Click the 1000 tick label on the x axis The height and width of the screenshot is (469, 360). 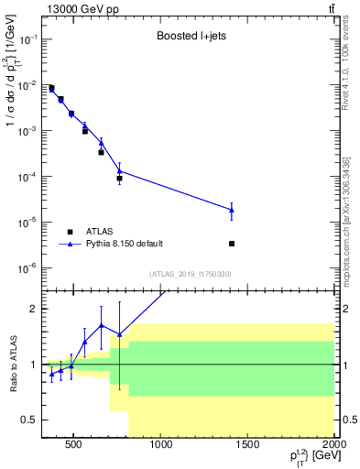pyautogui.click(x=162, y=446)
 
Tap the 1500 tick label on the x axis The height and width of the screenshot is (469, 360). pyautogui.click(x=249, y=446)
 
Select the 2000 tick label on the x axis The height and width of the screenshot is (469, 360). pyautogui.click(x=334, y=446)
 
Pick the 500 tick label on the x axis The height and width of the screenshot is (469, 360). pyautogui.click(x=76, y=446)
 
